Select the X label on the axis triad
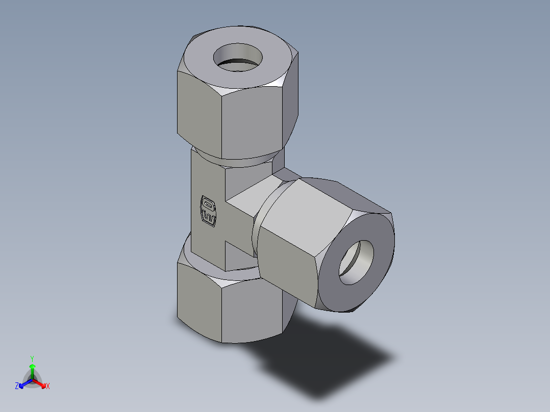[48, 387]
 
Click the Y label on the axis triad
[32, 358]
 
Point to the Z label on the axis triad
[17, 387]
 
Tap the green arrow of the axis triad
[32, 370]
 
